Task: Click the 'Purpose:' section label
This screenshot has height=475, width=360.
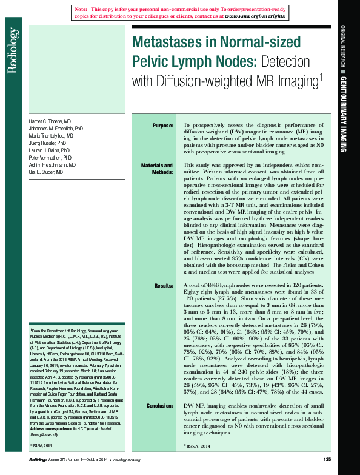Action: click(x=162, y=126)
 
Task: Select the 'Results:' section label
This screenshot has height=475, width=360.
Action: click(x=163, y=285)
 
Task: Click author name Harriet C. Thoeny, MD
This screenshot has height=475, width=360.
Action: click(x=50, y=122)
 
